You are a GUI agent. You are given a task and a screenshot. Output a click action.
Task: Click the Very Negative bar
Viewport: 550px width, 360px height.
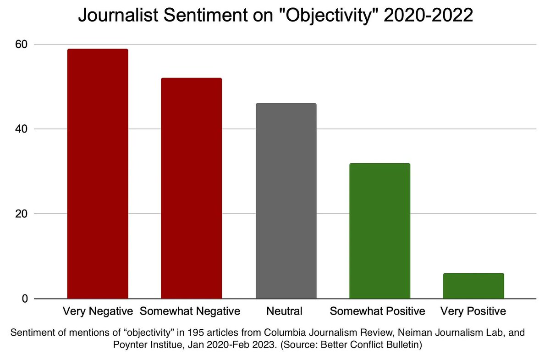coord(98,174)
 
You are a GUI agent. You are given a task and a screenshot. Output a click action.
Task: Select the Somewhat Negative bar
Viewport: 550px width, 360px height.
coord(192,188)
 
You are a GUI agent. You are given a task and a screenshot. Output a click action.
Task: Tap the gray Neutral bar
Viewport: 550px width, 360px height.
coord(286,201)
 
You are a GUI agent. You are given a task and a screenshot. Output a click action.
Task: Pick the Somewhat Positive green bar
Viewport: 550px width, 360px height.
coord(379,231)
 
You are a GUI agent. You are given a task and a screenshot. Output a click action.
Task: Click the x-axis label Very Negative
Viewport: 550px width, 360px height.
coord(98,311)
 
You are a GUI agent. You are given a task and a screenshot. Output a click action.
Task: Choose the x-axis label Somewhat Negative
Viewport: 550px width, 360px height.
coord(190,311)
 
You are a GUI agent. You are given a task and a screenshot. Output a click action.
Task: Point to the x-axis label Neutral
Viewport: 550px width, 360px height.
coord(284,311)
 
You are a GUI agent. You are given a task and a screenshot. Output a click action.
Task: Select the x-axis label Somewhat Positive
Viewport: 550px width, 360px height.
coord(377,311)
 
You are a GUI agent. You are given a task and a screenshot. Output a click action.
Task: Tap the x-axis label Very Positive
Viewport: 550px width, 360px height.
coord(473,311)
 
